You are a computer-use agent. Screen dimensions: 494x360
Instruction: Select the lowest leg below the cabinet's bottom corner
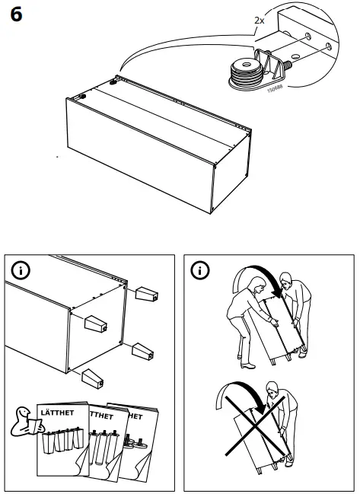(92, 375)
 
